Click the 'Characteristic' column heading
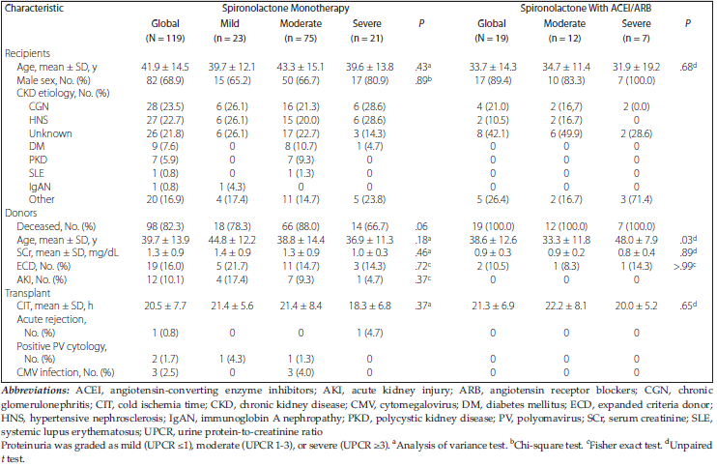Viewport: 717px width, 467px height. [x=43, y=8]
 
